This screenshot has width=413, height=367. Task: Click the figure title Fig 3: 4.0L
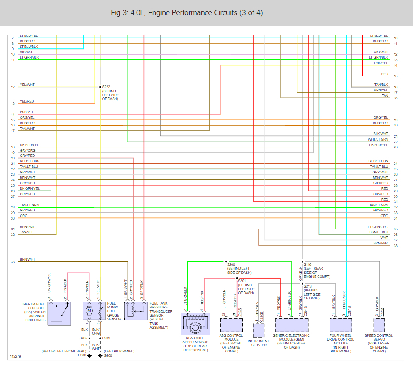pyautogui.click(x=186, y=13)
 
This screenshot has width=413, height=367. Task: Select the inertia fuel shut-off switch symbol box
pyautogui.click(x=59, y=314)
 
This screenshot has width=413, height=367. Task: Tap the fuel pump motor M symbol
pyautogui.click(x=89, y=311)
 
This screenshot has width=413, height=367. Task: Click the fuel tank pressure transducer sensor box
pyautogui.click(x=135, y=313)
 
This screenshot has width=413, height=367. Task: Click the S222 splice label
pyautogui.click(x=107, y=87)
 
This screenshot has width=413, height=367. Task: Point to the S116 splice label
pyautogui.click(x=308, y=264)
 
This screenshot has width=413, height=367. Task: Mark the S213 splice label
pyautogui.click(x=308, y=286)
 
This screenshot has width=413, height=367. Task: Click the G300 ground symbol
pyautogui.click(x=90, y=355)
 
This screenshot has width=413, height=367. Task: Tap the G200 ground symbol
pyautogui.click(x=100, y=355)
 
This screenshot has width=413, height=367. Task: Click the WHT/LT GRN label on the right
pyautogui.click(x=378, y=139)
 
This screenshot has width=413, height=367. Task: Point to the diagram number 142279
pyautogui.click(x=16, y=355)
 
